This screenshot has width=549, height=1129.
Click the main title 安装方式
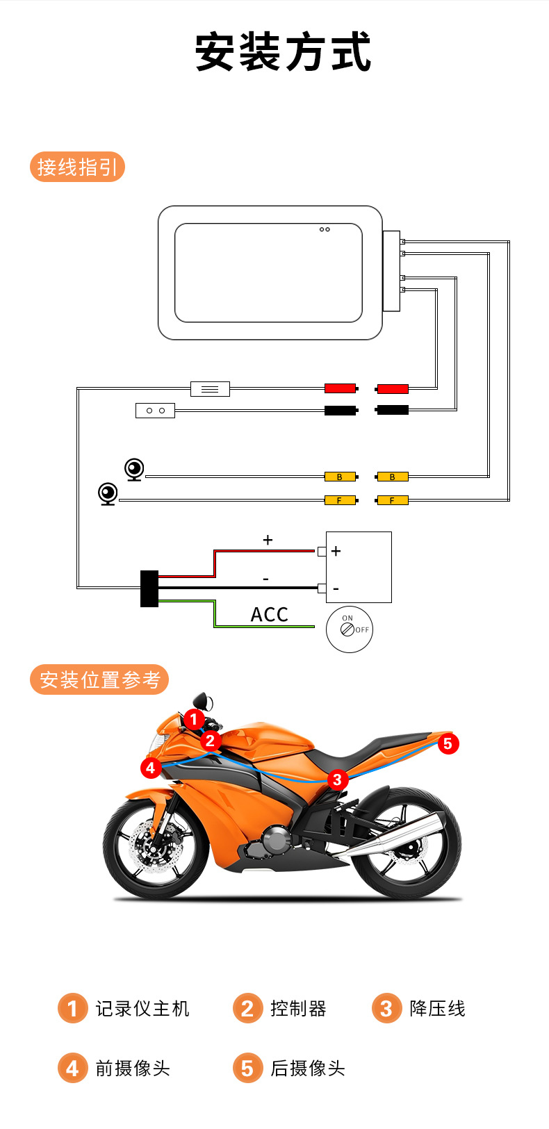click(283, 53)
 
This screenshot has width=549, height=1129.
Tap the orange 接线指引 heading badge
click(77, 167)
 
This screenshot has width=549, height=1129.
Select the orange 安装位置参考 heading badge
click(99, 679)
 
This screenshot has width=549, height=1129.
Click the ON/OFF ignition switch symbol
click(349, 629)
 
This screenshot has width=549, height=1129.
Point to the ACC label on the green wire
click(269, 615)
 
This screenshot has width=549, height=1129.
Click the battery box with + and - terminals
click(359, 567)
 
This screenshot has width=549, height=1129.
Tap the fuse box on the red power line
click(210, 389)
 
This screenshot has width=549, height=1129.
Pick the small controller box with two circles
click(155, 411)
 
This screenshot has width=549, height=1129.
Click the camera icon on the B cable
click(134, 470)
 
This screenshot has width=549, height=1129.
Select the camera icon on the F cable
click(108, 494)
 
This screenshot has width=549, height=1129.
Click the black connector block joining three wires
click(149, 588)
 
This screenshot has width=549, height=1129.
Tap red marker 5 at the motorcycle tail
click(448, 743)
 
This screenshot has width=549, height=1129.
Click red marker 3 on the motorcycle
click(337, 780)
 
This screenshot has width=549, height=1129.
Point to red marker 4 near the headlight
click(151, 768)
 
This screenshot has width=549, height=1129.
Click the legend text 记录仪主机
click(142, 1009)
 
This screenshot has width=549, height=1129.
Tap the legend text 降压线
click(437, 1009)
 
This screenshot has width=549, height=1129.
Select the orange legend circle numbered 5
click(247, 1068)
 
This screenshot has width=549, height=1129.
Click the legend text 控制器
click(298, 1009)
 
